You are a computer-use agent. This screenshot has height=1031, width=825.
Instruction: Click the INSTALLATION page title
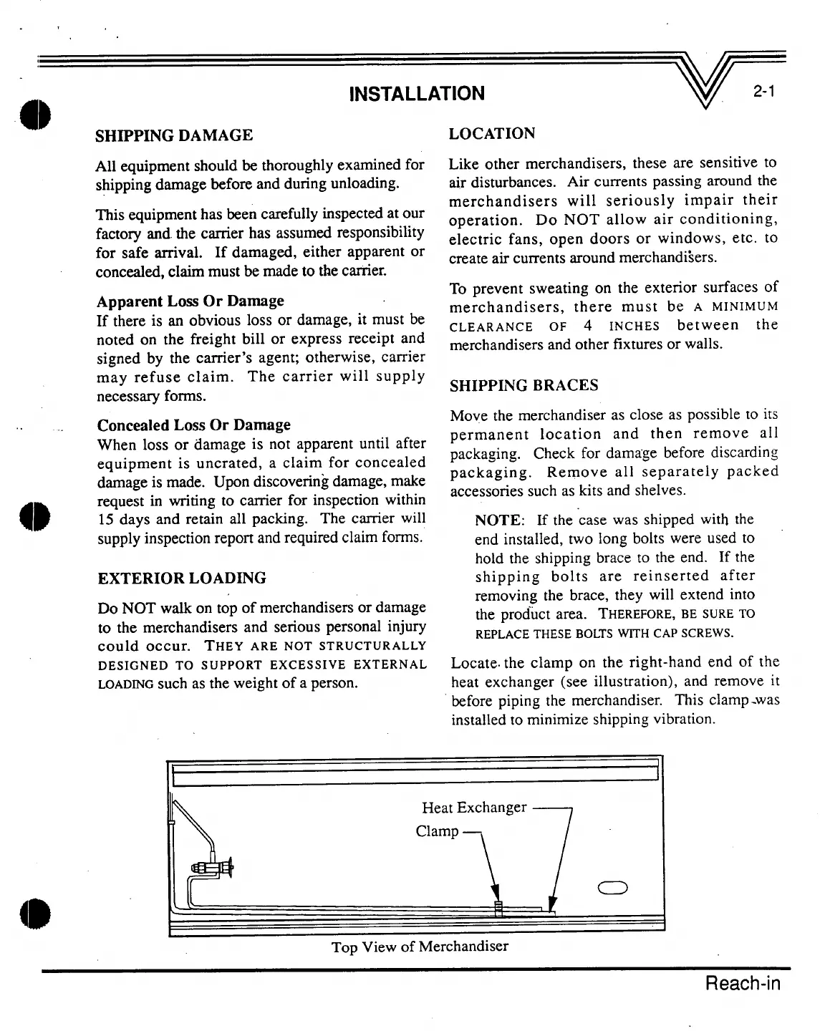[416, 94]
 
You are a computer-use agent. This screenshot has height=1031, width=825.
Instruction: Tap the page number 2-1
[766, 92]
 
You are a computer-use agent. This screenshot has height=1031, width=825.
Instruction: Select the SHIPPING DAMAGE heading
[174, 135]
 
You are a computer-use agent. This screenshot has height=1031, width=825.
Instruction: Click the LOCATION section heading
[492, 134]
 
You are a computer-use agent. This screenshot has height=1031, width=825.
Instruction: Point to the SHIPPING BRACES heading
[524, 386]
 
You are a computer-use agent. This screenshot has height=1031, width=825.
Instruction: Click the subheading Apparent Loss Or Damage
[190, 301]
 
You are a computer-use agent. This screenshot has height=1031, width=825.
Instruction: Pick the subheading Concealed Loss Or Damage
[193, 425]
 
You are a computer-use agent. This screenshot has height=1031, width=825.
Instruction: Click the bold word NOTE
[501, 520]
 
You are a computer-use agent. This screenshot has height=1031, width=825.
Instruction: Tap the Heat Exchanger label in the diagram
[474, 808]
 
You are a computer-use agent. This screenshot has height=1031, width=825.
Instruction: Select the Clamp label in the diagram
[437, 831]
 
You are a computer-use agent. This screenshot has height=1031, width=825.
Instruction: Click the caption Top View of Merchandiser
[420, 947]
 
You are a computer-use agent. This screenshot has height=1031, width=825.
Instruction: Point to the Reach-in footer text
[743, 983]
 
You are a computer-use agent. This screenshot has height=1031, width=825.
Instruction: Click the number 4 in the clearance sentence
[587, 326]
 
